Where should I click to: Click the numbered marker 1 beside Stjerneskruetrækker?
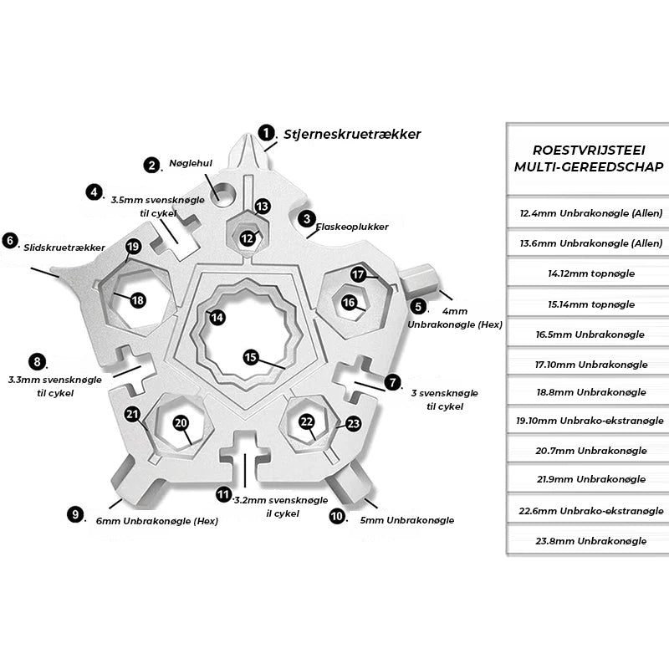(266, 133)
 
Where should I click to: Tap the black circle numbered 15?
(250, 357)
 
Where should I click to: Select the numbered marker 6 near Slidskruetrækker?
(10, 241)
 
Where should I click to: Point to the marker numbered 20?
(181, 423)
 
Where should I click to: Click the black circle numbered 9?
(77, 514)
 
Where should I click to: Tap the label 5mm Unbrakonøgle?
(406, 520)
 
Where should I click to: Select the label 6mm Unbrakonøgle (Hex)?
(156, 521)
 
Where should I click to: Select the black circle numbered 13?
(262, 206)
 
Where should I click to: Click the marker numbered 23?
(353, 424)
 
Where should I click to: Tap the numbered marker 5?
(419, 307)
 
